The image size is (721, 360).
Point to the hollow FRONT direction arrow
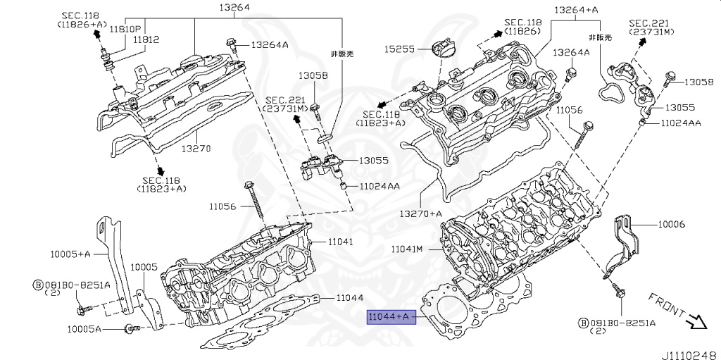(x=697, y=322)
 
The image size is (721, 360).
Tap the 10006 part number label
(x=671, y=224)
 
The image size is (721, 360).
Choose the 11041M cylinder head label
(x=406, y=249)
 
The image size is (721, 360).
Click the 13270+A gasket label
(x=420, y=213)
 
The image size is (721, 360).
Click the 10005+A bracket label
(x=70, y=253)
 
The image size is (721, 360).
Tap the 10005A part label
(x=84, y=329)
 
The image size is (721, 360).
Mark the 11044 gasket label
(x=349, y=298)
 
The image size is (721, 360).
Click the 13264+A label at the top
(x=576, y=10)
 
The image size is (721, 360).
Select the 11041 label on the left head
(x=341, y=241)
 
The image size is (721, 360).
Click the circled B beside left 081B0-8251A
(x=37, y=285)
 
